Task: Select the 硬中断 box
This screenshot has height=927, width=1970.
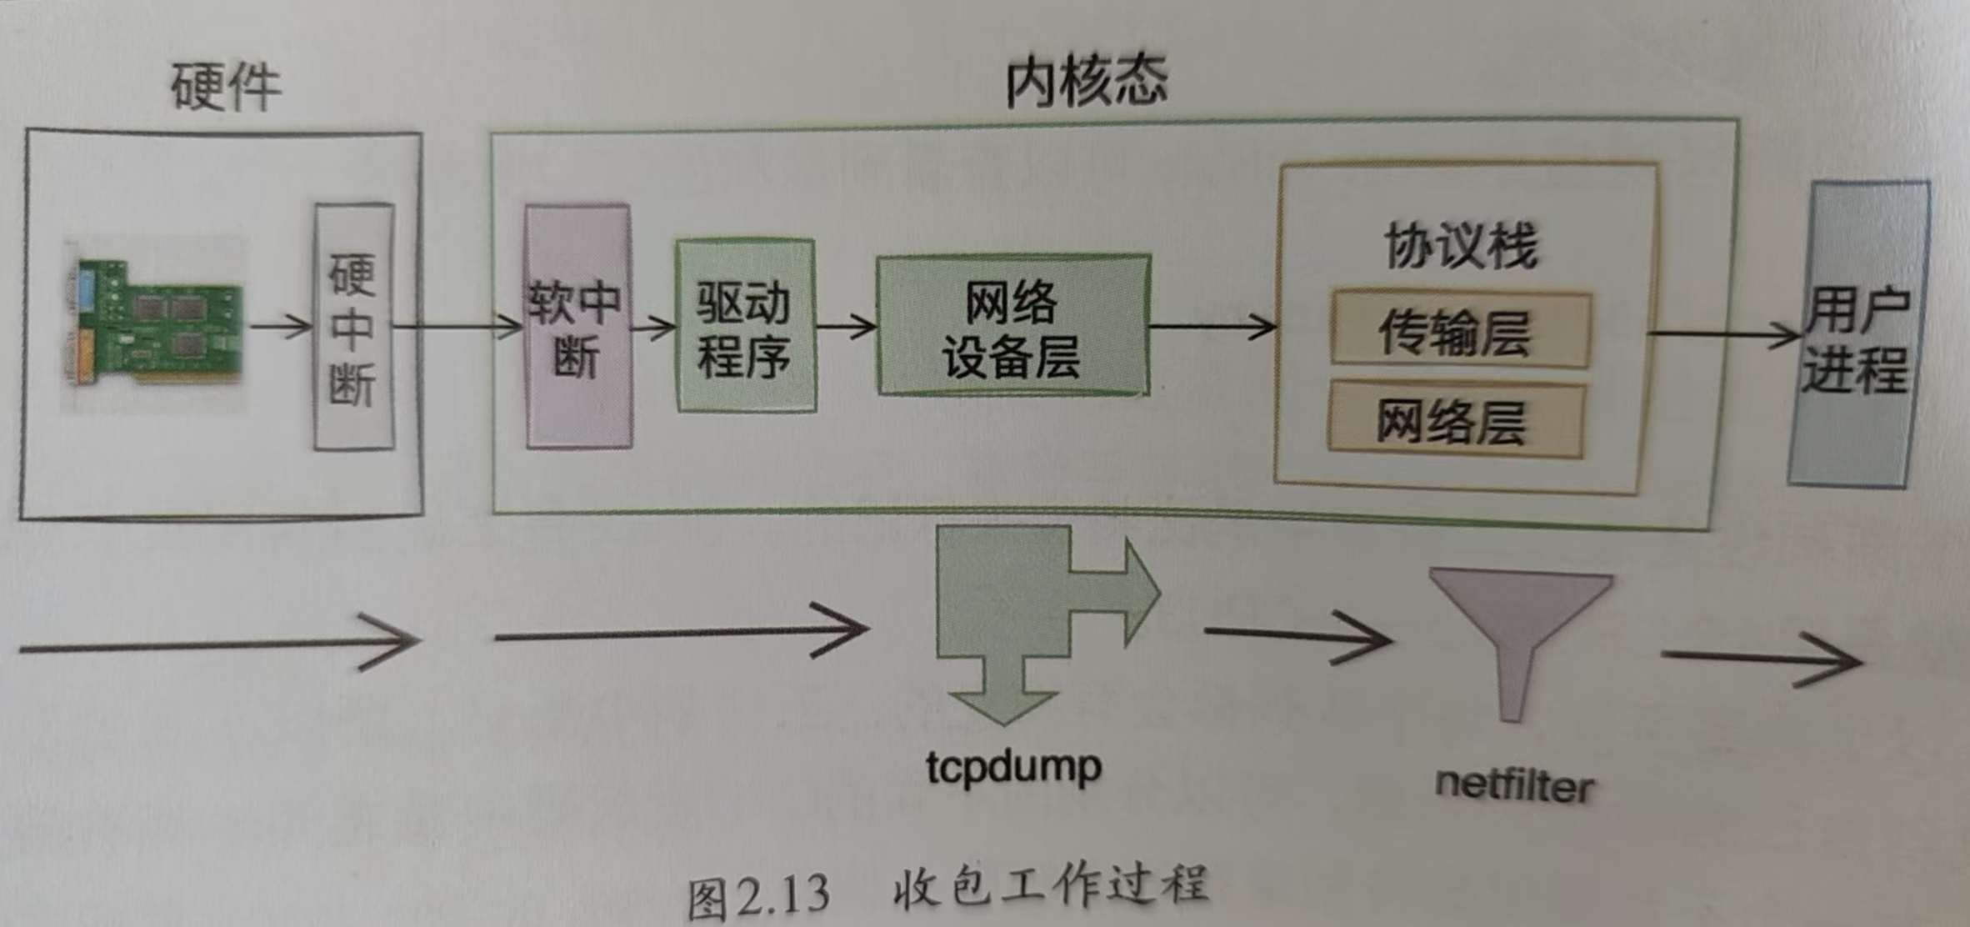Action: [x=353, y=327]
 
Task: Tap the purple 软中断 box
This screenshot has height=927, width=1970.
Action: [x=577, y=327]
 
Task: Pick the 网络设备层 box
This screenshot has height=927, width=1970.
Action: [x=1013, y=325]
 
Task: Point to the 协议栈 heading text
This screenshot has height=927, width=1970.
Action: [x=1460, y=245]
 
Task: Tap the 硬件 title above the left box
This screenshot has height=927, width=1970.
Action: [x=225, y=87]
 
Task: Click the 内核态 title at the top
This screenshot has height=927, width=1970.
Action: [x=1087, y=82]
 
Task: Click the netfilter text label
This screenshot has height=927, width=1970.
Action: [x=1513, y=785]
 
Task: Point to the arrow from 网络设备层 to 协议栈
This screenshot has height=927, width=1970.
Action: [x=1212, y=326]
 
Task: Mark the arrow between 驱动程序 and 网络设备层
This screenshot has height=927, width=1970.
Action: [x=845, y=326]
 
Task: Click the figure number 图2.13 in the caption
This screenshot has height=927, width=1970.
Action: [x=758, y=897]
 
